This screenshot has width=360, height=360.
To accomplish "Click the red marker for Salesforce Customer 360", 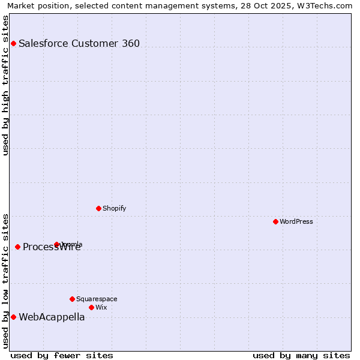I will click(13, 43).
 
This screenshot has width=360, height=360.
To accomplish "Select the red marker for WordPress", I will click(275, 221).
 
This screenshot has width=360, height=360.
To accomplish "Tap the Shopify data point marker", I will click(98, 208).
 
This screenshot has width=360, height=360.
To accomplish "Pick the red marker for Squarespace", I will click(72, 299).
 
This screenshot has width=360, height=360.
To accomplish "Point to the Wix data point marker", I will click(91, 307).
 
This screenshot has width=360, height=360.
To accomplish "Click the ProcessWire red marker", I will click(17, 247).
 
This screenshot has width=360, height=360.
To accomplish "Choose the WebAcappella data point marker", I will click(13, 317).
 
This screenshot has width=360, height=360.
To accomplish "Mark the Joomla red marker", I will click(56, 244).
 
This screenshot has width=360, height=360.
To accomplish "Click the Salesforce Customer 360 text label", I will click(79, 43).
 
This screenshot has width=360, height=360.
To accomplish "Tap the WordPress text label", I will click(296, 221).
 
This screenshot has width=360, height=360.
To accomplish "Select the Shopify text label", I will click(114, 208).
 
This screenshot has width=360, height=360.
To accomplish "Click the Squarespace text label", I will click(97, 299).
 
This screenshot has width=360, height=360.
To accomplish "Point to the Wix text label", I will click(101, 307).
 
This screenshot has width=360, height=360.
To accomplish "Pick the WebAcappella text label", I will click(52, 317).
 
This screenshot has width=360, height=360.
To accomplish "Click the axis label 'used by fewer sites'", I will click(62, 355).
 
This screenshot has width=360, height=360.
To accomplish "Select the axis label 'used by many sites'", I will click(301, 355).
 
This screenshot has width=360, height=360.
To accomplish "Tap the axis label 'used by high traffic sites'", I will click(5, 85).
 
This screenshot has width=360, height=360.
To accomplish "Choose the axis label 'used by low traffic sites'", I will click(5, 280).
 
